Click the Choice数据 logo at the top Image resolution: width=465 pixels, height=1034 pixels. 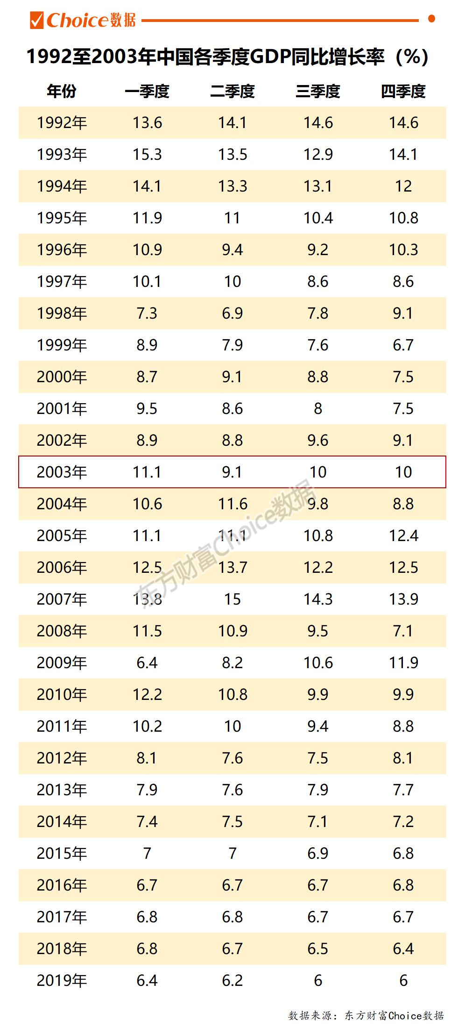pos(83,20)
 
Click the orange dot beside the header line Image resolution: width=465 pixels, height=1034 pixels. pos(431,19)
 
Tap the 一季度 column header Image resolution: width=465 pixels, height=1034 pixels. pos(147,91)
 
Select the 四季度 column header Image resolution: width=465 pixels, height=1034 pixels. pos(403,91)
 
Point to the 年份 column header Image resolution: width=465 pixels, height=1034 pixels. pos(62,91)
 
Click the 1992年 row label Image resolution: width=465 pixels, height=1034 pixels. pos(62,122)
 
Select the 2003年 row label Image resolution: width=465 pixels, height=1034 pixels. pos(62,472)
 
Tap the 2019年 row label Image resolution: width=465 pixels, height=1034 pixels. pos(62,980)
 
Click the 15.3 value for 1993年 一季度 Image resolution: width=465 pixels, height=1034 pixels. pos(147,154)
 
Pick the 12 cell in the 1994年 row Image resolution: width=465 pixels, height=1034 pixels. pos(403,186)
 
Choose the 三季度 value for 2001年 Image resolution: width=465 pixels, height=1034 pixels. pos(318,408)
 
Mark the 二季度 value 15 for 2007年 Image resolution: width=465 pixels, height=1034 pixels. pos(232,599)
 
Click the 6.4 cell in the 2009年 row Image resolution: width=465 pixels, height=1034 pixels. pos(147,663)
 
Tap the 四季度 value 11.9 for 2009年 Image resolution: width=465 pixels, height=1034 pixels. pos(403,663)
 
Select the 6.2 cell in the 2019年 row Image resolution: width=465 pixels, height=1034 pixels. pos(232,980)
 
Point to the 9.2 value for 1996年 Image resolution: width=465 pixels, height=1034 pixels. pos(318,250)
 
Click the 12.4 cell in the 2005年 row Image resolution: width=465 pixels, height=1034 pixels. pos(403,535)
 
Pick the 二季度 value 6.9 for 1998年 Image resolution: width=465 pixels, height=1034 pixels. pos(232,313)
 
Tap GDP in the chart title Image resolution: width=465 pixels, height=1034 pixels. pos(270,57)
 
